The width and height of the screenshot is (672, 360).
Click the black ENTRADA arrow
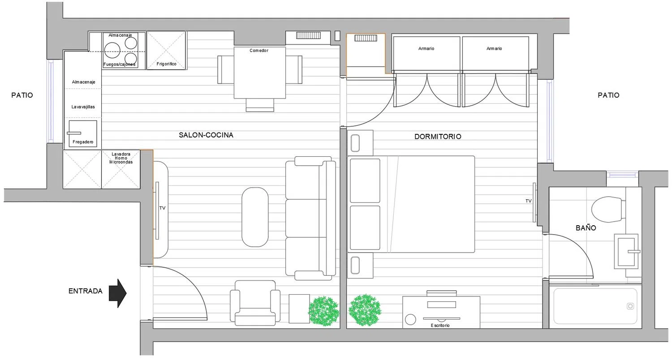117,293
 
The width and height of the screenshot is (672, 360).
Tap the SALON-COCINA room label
206,135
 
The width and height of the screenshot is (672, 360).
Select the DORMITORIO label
438,137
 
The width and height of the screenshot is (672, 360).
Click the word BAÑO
586,228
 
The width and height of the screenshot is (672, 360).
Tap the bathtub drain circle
630,306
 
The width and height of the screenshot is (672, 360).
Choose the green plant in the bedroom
365,310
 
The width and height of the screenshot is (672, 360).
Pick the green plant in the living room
324,311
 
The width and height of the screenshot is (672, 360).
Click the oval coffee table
255,217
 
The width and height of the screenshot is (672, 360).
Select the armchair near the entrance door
255,303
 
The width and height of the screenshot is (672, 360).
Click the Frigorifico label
166,64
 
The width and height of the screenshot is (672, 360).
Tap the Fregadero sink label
83,142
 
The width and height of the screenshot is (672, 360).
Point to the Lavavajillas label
83,107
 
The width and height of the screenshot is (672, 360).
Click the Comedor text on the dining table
259,50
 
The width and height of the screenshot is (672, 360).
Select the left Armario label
426,48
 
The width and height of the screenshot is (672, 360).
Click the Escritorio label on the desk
440,325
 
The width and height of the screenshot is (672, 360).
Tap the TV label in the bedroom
528,201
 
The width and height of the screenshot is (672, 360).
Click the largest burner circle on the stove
112,50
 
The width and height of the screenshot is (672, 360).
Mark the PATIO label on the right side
608,95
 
